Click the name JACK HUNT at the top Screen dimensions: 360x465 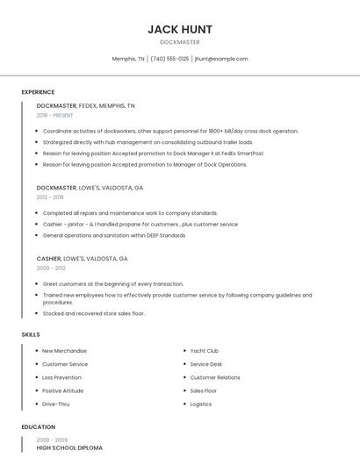[179, 29]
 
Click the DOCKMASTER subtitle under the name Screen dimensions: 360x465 [179, 42]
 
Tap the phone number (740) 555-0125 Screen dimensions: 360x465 [169, 59]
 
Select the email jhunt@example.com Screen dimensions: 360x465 [221, 59]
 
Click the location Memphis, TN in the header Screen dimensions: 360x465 [128, 59]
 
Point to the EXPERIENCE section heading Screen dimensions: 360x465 [38, 92]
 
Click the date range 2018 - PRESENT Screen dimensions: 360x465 [55, 115]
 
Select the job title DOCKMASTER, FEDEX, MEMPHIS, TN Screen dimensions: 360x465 [85, 105]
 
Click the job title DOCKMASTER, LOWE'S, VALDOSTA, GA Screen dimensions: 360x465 [90, 188]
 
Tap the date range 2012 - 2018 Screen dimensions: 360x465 [50, 197]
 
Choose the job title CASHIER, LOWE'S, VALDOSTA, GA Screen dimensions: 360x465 [82, 259]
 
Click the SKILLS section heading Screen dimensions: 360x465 [31, 334]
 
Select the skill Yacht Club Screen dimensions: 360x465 [204, 351]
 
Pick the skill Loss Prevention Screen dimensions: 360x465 [61, 377]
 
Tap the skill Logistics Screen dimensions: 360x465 [200, 404]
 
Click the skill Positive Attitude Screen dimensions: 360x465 [62, 390]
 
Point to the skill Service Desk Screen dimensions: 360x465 [205, 364]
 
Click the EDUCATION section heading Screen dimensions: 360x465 [38, 426]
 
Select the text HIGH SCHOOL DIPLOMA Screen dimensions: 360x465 [68, 448]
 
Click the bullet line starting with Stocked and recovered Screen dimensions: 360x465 [93, 313]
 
